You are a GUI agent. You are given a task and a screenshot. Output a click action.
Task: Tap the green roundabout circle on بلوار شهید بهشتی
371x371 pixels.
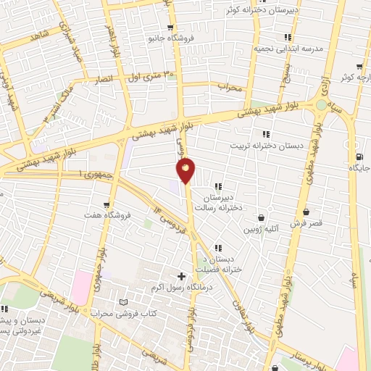coord(321,106)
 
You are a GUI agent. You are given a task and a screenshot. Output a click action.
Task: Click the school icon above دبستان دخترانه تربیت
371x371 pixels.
coord(266,134)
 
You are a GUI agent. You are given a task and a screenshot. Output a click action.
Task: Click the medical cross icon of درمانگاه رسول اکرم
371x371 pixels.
coord(180,276)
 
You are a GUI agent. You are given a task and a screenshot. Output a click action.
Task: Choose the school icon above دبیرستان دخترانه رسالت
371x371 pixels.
coord(217,186)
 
